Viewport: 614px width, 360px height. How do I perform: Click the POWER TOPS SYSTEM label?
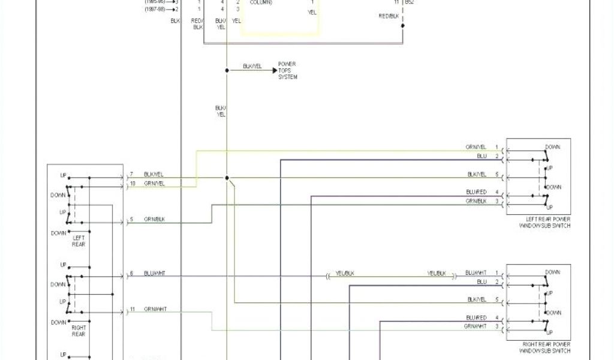tap(287, 70)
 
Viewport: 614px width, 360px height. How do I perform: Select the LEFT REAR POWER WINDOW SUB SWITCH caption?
tap(544, 223)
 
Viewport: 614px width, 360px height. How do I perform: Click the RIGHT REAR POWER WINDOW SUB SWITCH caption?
tap(544, 347)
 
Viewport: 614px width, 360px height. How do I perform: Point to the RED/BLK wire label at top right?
tap(389, 16)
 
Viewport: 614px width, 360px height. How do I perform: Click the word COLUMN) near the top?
tap(261, 2)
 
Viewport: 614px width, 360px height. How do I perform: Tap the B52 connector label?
tap(409, 2)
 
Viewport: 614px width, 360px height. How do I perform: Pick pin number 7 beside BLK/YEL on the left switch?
tap(131, 174)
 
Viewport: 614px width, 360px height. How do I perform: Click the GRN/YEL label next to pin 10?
tap(154, 183)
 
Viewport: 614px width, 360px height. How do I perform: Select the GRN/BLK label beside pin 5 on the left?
tap(154, 220)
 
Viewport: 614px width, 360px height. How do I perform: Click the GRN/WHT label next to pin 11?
tap(155, 309)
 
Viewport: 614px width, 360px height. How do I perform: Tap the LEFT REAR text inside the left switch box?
tap(79, 241)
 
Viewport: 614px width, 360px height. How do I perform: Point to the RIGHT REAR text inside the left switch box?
tap(79, 331)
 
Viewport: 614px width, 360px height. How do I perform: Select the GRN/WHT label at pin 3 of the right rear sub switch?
tap(475, 326)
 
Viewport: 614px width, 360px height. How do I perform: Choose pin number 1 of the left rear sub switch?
tap(496, 147)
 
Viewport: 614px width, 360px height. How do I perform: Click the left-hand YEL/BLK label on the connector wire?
tap(345, 273)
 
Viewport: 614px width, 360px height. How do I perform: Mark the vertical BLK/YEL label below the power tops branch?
tap(221, 111)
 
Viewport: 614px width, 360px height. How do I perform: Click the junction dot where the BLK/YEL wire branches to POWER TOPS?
tap(227, 70)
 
